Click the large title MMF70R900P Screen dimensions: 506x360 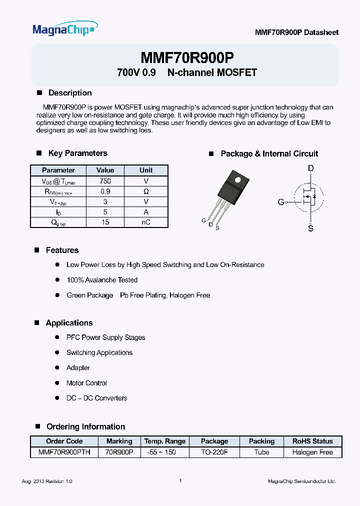coord(187,57)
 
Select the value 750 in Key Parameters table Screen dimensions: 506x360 coord(105,181)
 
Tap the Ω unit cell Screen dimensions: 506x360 coord(146,191)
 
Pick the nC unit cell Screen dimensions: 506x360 coord(146,222)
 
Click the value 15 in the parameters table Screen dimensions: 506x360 coord(105,222)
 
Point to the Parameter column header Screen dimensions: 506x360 coord(58,170)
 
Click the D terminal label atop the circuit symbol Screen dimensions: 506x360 coord(310,169)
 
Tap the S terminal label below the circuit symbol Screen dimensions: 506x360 coord(310,228)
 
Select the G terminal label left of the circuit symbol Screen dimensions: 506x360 coord(280,202)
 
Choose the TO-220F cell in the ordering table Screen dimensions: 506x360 coord(214,452)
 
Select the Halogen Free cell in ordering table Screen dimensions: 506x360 coord(312,452)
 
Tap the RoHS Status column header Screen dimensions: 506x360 coord(312,441)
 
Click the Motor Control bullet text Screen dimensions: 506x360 coord(86,383)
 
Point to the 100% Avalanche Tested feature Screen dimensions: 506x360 coord(102,280)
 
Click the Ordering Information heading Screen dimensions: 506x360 coord(85,426)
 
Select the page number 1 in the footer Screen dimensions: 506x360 coord(180,481)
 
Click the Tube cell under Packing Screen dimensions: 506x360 coord(261,452)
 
